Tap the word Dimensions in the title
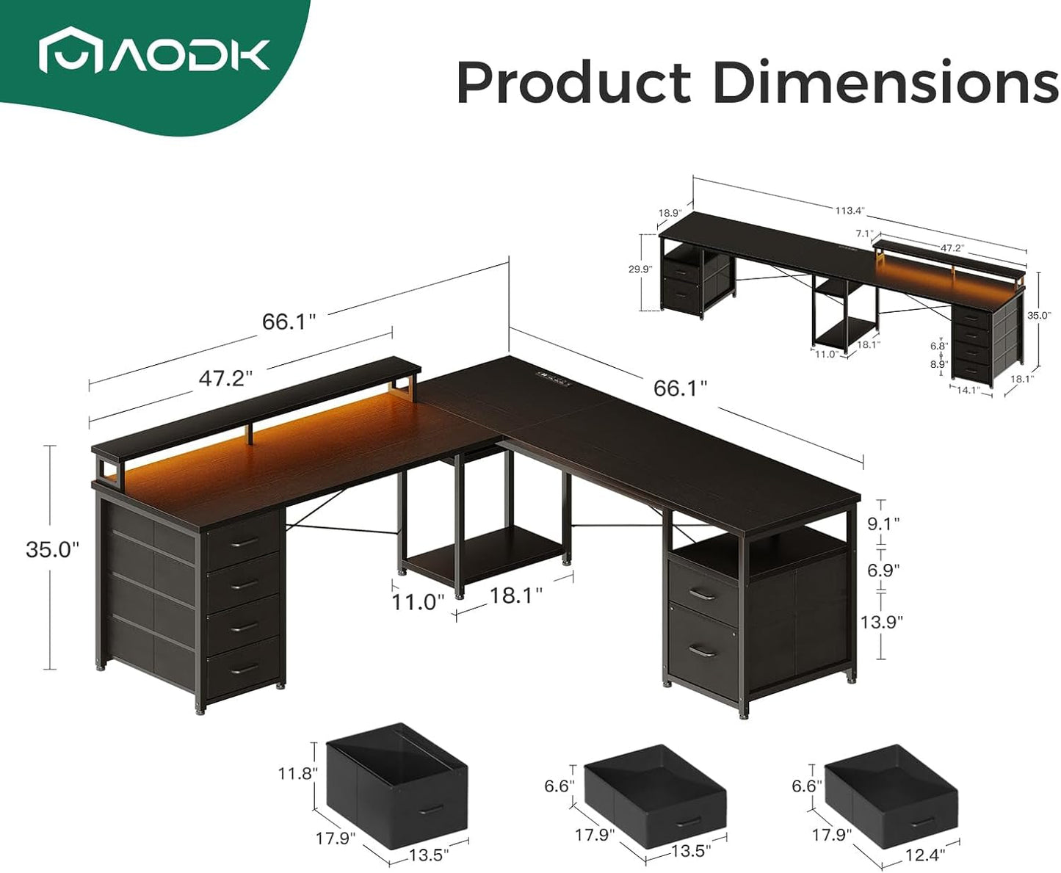tap(886, 82)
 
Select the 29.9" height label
tap(640, 269)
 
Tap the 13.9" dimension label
tap(881, 621)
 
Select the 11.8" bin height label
tap(297, 773)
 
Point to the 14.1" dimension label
tap(966, 391)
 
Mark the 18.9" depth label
tap(669, 213)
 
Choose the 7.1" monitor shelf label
tap(864, 234)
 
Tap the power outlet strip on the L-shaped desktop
tap(554, 378)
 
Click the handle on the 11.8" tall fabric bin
tap(432, 809)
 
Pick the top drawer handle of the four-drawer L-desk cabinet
tap(244, 542)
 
